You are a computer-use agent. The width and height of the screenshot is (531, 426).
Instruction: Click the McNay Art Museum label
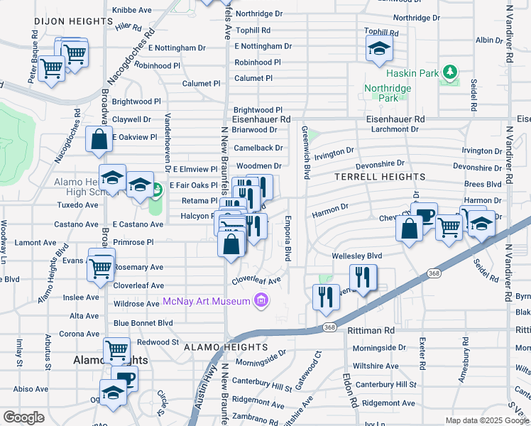coord(206,301)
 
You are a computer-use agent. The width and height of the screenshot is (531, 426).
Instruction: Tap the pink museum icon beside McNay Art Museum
coord(261,301)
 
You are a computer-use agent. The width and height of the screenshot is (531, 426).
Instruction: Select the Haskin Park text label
coord(410,73)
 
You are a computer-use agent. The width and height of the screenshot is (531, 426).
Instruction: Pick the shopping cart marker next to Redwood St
coord(116,350)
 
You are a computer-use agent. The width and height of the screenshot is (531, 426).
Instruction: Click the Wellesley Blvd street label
coord(357,256)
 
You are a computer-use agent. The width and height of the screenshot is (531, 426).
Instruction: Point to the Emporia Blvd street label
coord(288,239)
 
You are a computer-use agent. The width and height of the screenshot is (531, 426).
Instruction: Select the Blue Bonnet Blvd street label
coord(143,322)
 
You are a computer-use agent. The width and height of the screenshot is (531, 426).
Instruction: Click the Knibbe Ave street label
coord(132,11)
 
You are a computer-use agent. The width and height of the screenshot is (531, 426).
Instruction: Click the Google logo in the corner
coord(23,417)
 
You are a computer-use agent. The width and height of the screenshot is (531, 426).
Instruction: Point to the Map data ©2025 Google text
coord(486,420)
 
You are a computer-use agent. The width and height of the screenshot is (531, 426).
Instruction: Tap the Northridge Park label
coord(388,93)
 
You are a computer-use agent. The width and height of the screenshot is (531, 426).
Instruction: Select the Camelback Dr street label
coord(259,148)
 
